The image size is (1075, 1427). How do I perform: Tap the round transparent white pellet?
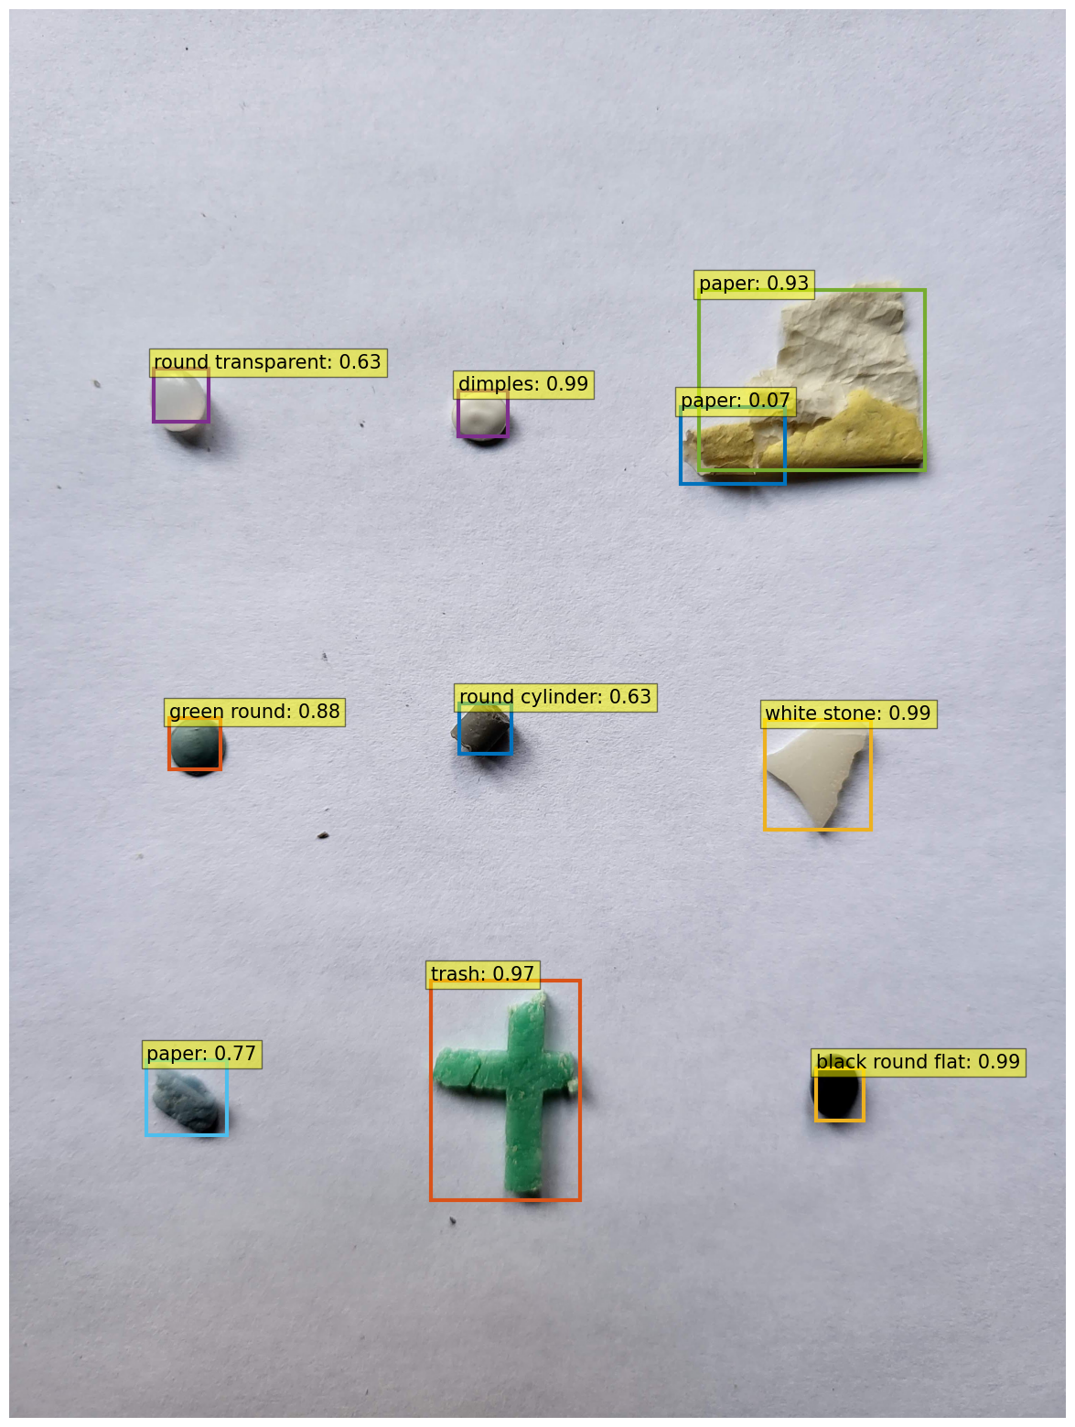(x=179, y=397)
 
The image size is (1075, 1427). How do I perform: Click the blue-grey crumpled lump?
(x=186, y=1100)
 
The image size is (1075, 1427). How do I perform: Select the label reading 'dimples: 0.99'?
(x=523, y=383)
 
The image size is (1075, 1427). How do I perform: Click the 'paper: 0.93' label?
(x=753, y=284)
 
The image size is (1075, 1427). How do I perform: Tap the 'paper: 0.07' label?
(x=735, y=400)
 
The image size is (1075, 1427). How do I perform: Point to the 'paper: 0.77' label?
(x=201, y=1053)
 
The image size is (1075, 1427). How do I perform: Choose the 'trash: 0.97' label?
(x=482, y=974)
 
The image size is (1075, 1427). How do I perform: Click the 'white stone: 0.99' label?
(x=848, y=713)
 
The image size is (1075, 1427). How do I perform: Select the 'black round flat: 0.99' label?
(x=918, y=1062)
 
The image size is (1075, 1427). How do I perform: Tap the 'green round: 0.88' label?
(x=254, y=712)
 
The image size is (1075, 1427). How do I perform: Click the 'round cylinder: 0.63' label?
(x=555, y=697)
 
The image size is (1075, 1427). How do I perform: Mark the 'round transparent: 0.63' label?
(x=268, y=362)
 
